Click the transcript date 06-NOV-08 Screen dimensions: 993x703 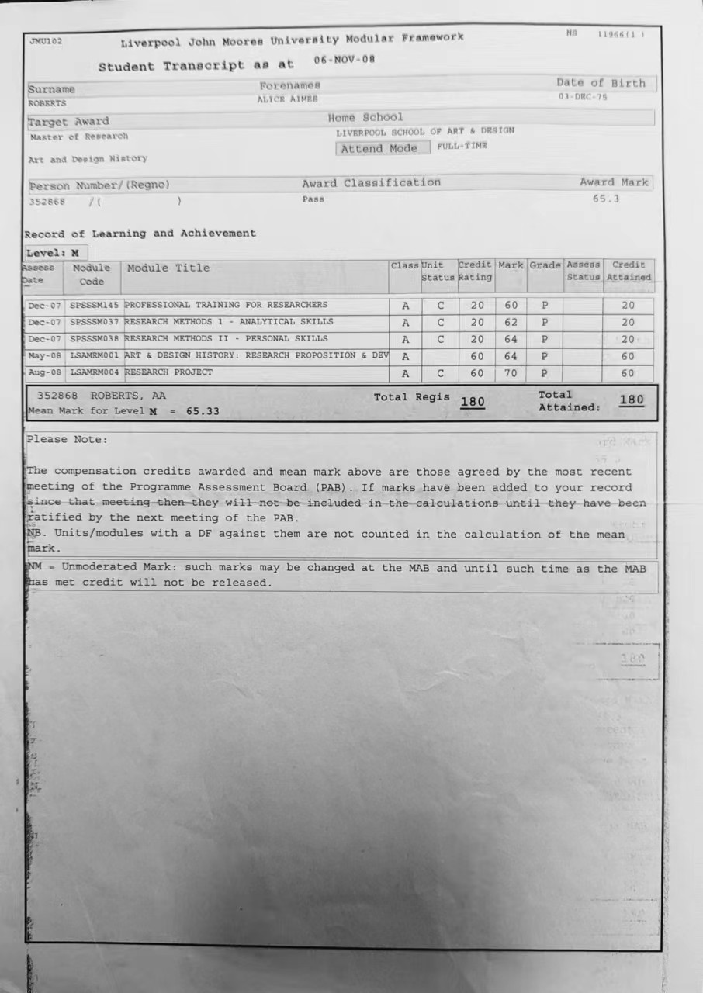(x=344, y=60)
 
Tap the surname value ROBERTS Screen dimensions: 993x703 (x=47, y=103)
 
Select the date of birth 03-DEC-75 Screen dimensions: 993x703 (x=583, y=97)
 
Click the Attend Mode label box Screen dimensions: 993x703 (x=383, y=148)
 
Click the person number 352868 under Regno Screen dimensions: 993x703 (x=47, y=202)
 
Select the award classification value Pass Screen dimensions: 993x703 (x=313, y=199)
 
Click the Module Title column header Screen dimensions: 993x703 (x=168, y=268)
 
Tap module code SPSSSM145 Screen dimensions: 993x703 (x=95, y=305)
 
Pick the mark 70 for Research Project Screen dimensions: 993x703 (x=511, y=373)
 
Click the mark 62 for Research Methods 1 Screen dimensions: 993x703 (x=511, y=322)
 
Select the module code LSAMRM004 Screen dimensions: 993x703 (x=95, y=372)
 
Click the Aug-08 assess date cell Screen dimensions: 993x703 (x=44, y=373)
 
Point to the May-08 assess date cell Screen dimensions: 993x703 (x=44, y=356)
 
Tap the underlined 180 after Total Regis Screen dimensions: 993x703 (x=473, y=402)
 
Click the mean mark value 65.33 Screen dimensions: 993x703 (x=203, y=411)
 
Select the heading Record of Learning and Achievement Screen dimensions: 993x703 (x=140, y=234)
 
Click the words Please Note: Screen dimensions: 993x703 (x=68, y=439)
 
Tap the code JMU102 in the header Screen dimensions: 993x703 (x=46, y=41)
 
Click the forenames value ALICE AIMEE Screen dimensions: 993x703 (x=287, y=99)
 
